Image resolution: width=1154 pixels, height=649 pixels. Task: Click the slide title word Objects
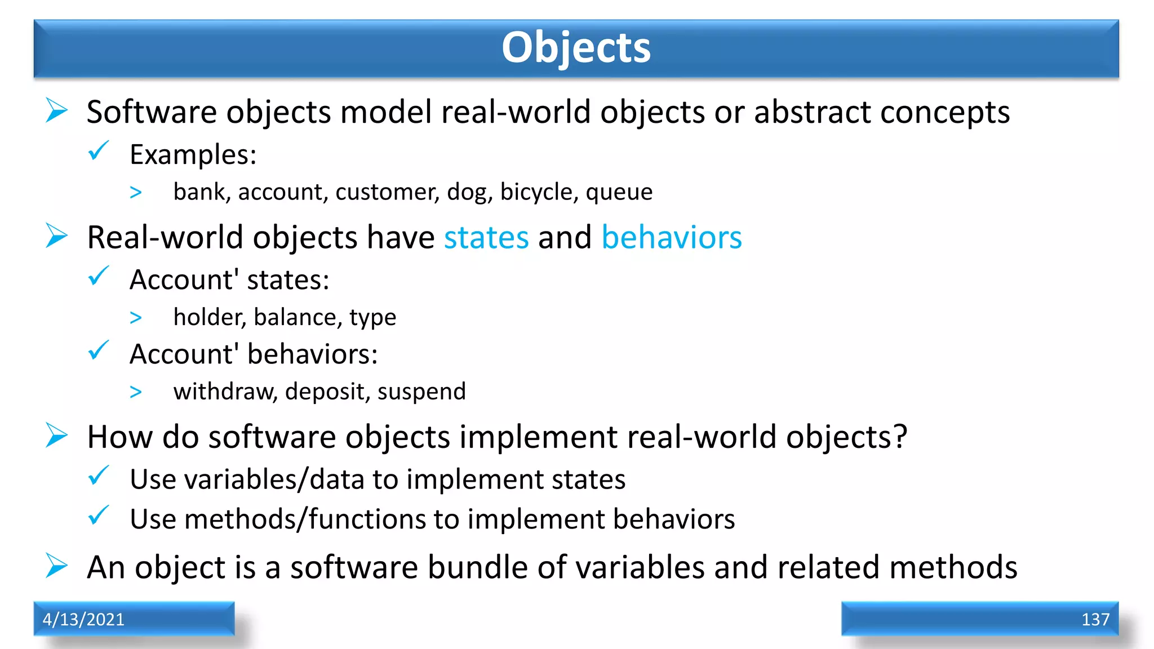point(576,47)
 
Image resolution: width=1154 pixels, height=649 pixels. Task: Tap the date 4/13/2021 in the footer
point(83,619)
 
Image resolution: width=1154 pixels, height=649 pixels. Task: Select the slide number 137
point(1095,619)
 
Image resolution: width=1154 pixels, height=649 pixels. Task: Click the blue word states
point(486,237)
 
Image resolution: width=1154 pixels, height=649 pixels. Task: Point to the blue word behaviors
point(671,237)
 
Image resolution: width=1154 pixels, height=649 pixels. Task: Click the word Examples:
point(193,155)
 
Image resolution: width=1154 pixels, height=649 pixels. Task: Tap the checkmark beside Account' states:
point(99,276)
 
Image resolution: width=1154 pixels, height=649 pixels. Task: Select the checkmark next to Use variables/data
point(99,476)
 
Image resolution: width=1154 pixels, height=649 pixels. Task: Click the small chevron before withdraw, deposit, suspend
point(136,392)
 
